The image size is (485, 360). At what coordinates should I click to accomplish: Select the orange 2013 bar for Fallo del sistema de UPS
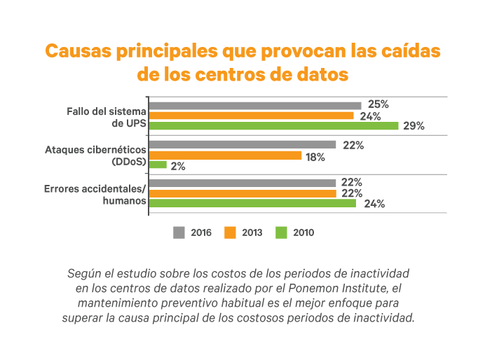click(252, 116)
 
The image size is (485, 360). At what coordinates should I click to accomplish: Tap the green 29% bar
click(274, 126)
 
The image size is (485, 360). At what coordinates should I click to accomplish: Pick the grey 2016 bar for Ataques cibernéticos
click(242, 145)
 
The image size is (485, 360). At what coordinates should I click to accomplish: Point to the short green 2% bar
click(158, 165)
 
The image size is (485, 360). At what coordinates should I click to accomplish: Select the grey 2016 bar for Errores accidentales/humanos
click(242, 183)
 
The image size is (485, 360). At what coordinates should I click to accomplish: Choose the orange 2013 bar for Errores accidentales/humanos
click(242, 193)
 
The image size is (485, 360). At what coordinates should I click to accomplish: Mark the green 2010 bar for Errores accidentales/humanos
click(252, 203)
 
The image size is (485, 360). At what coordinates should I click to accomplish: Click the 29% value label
click(414, 126)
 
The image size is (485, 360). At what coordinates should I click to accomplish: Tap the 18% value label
click(315, 156)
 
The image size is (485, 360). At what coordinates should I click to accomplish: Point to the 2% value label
click(177, 166)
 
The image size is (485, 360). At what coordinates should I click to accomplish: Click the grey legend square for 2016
click(179, 232)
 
